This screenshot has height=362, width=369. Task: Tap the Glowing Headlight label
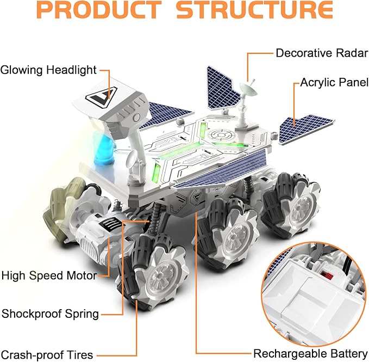pos(48,70)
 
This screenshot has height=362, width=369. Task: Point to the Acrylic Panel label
pos(331,84)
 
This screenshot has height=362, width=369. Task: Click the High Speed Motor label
pos(49,275)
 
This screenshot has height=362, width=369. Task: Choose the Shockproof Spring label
pos(51,314)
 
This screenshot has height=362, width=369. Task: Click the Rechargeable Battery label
pos(311,353)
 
